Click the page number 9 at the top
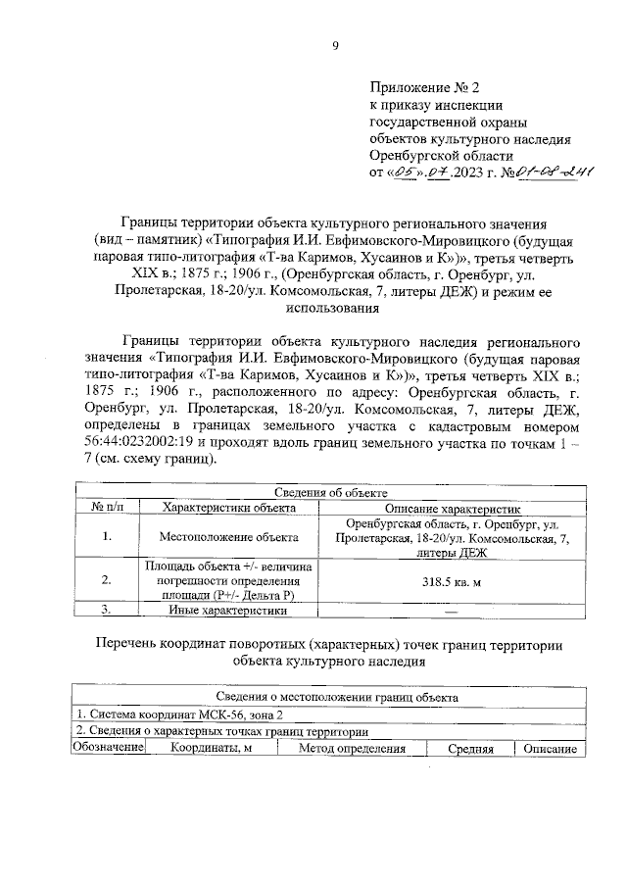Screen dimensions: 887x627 (334, 44)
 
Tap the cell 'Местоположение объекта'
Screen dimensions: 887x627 (227, 537)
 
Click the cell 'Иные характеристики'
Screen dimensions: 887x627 (227, 610)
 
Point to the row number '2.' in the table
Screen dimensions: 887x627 (106, 580)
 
